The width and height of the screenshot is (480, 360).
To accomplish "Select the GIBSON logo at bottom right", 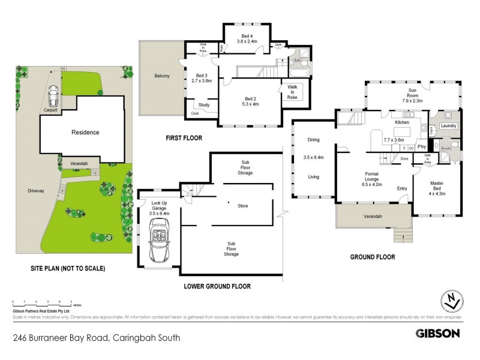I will (x=438, y=333).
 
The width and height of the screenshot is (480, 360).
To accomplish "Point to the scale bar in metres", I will (x=41, y=302).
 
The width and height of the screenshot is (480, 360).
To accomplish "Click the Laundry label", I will (x=448, y=126).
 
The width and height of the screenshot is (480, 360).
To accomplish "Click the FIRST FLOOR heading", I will (x=184, y=138).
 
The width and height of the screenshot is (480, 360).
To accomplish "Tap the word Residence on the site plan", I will (x=85, y=132).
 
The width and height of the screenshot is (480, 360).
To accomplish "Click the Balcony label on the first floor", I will (x=161, y=76).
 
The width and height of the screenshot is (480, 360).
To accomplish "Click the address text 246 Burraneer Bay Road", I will (x=60, y=338).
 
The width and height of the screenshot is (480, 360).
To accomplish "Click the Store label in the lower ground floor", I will (x=242, y=206).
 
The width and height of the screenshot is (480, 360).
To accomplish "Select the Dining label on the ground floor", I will (x=313, y=139).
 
